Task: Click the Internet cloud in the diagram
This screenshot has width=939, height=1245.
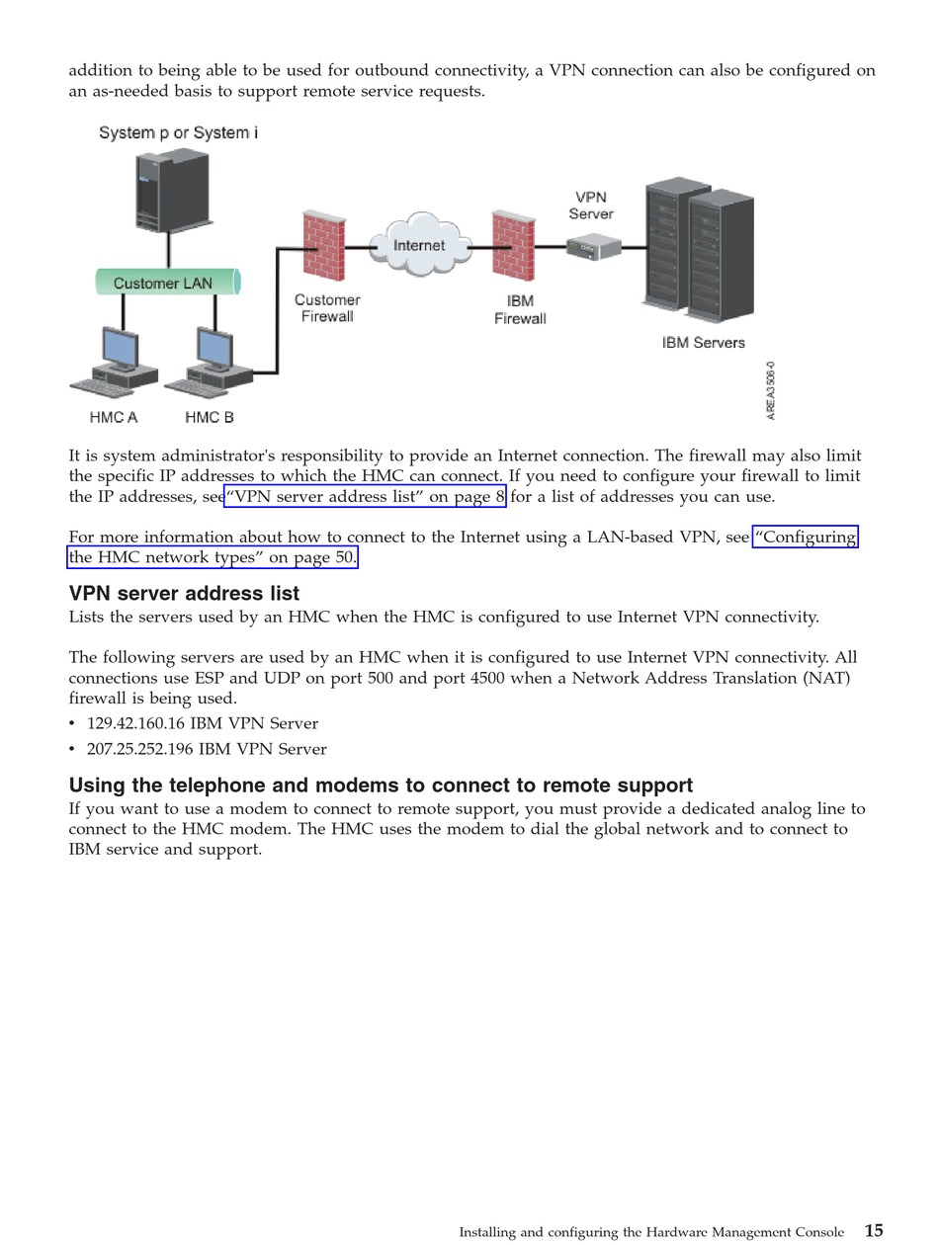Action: pyautogui.click(x=419, y=246)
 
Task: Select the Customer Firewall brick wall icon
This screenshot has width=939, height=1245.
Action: pyautogui.click(x=324, y=247)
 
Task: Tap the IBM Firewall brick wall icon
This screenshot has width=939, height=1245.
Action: pyautogui.click(x=513, y=247)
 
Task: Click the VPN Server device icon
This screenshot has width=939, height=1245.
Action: pyautogui.click(x=593, y=247)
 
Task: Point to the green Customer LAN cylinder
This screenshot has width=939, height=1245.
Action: pyautogui.click(x=166, y=283)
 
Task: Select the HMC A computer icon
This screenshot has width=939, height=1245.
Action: pyautogui.click(x=117, y=361)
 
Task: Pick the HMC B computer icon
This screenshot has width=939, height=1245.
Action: pyautogui.click(x=211, y=361)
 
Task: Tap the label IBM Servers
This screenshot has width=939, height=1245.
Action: pyautogui.click(x=703, y=343)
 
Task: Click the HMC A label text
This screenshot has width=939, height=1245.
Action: pyautogui.click(x=114, y=418)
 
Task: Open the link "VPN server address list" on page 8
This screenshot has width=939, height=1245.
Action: pyautogui.click(x=365, y=497)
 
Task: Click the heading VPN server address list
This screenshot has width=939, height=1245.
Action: pyautogui.click(x=184, y=594)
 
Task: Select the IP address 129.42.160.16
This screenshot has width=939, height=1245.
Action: pyautogui.click(x=135, y=723)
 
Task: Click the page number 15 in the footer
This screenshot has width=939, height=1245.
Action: pyautogui.click(x=874, y=1231)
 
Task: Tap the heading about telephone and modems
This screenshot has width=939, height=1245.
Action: pyautogui.click(x=381, y=786)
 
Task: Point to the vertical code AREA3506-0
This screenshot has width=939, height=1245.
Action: pyautogui.click(x=771, y=391)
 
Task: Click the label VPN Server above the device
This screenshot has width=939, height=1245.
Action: pyautogui.click(x=591, y=206)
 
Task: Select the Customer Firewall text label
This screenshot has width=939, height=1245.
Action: pyautogui.click(x=327, y=308)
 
